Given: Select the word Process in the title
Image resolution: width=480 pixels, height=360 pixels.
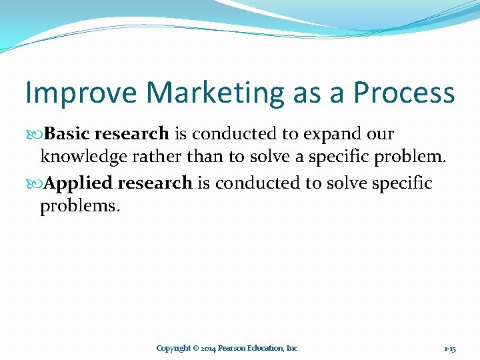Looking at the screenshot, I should click(x=403, y=93).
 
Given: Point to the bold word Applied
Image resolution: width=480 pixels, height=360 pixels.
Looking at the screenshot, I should click(x=79, y=183).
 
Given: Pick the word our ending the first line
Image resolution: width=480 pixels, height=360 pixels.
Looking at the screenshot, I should click(x=381, y=134).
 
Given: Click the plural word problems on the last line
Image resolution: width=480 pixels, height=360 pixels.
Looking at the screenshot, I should click(x=80, y=207).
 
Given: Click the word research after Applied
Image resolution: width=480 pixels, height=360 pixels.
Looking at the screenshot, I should click(x=156, y=183).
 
